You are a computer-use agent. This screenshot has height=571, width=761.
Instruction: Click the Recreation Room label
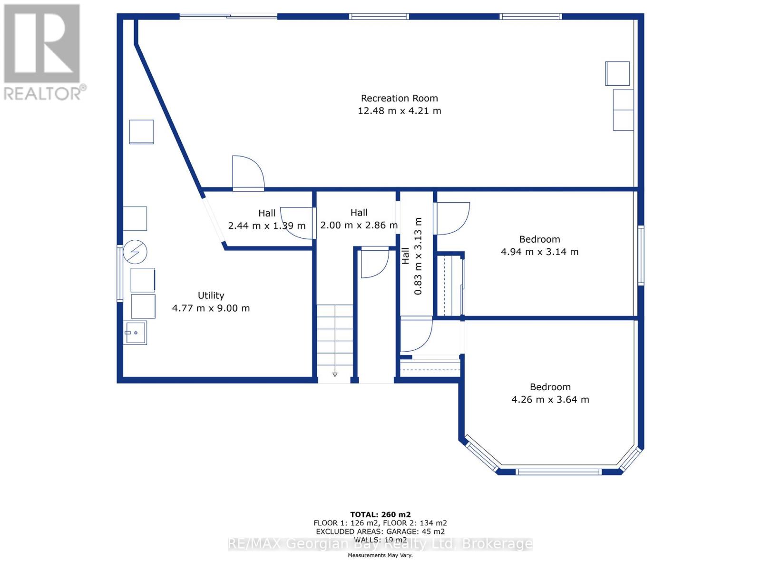(399, 98)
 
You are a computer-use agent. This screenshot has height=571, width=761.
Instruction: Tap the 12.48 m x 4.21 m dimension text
(399, 111)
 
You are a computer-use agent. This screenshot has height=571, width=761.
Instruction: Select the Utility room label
(211, 295)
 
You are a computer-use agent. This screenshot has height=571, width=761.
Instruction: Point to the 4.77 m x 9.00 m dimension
(211, 308)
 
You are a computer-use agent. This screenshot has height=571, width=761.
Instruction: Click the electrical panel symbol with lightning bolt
(135, 252)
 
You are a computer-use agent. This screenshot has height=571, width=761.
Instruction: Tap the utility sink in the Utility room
(136, 333)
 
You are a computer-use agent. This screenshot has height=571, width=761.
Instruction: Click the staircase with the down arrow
(335, 340)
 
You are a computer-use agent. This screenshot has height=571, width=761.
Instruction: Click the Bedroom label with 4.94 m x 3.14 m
(539, 239)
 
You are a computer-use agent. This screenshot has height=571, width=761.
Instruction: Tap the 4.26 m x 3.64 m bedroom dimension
(550, 400)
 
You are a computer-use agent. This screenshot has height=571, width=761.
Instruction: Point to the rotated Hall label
(405, 256)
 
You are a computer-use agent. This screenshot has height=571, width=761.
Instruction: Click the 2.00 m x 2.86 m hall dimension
(359, 225)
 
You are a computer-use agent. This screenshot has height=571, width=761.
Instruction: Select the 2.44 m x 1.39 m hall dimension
(266, 226)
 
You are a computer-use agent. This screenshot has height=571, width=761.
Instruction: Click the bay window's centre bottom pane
(558, 472)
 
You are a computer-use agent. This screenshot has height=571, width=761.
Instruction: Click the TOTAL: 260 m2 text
(380, 514)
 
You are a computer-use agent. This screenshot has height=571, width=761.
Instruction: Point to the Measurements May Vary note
(380, 555)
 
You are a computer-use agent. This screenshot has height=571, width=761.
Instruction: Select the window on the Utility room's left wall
(120, 273)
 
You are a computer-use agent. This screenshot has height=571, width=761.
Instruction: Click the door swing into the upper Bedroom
(452, 218)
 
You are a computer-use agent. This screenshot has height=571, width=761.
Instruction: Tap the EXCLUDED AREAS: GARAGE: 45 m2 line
(380, 532)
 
